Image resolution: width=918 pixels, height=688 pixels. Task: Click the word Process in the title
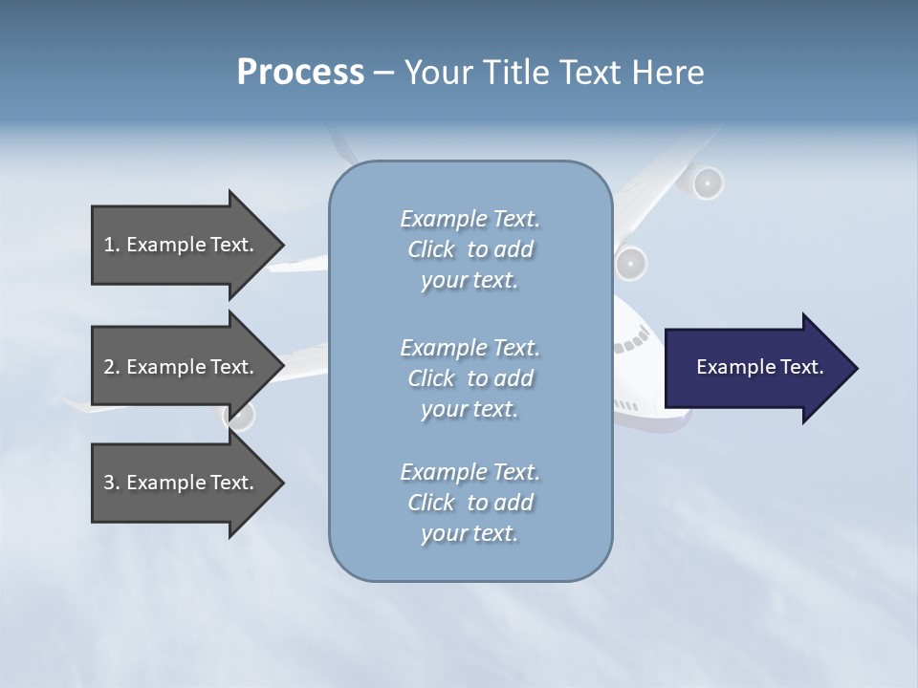(x=300, y=73)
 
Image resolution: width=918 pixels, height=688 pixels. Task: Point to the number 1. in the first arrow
(x=112, y=245)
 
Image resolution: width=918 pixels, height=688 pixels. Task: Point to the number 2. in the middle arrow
(x=112, y=367)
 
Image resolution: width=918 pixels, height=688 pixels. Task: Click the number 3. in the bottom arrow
(x=112, y=483)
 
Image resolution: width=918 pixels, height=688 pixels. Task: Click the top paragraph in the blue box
(x=470, y=249)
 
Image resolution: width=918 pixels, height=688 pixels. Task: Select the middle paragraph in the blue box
(x=470, y=378)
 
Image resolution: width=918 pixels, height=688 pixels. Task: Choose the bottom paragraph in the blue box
(x=470, y=503)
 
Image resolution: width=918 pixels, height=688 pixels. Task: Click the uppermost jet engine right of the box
(x=707, y=183)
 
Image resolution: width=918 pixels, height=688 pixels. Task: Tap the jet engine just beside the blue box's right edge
(x=631, y=263)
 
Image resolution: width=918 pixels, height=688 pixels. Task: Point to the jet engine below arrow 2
(x=239, y=416)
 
